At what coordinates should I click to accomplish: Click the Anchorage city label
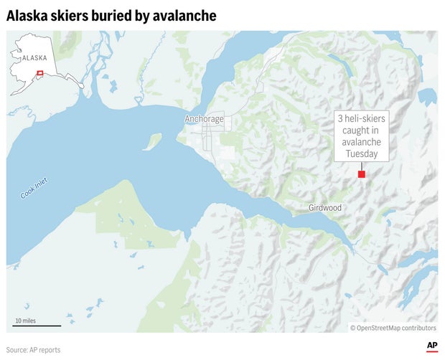point(204,119)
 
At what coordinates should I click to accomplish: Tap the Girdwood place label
point(325,208)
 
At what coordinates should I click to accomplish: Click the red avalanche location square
point(362,174)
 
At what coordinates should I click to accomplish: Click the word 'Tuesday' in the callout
point(361,153)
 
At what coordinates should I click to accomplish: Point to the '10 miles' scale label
point(25,321)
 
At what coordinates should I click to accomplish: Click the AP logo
point(432,346)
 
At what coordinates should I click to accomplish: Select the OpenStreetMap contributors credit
point(393,328)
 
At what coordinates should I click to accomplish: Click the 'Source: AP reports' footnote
point(34,350)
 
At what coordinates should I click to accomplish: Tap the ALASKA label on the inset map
point(35,57)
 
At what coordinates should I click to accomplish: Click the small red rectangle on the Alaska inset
point(41,72)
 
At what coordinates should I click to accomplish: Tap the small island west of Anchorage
point(151,141)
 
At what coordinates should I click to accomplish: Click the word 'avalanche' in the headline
point(189,15)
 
